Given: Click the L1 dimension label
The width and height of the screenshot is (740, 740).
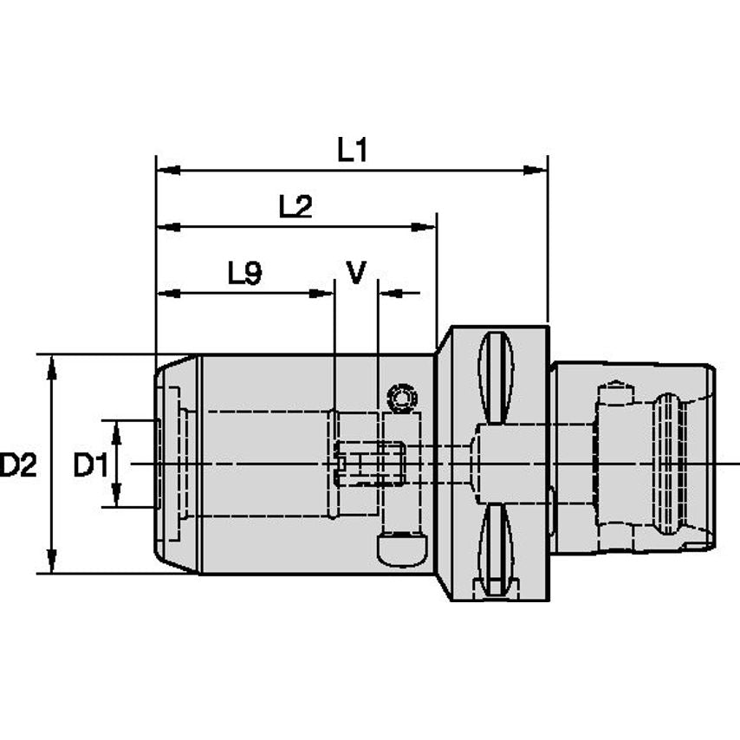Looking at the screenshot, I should coord(353,151).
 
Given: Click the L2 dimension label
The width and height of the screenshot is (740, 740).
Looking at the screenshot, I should coord(295,207).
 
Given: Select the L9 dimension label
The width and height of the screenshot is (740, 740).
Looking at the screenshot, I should coord(244,275).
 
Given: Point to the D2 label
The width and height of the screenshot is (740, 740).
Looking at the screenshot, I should coord(18,466).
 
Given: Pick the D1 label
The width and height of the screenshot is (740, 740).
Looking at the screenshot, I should coord(90,466).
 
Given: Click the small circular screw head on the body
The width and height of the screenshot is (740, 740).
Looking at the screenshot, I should coord(402,399).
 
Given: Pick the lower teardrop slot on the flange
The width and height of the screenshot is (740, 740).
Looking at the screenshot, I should coord(495,550).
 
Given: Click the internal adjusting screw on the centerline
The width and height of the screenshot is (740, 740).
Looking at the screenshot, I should coord(368,464).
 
